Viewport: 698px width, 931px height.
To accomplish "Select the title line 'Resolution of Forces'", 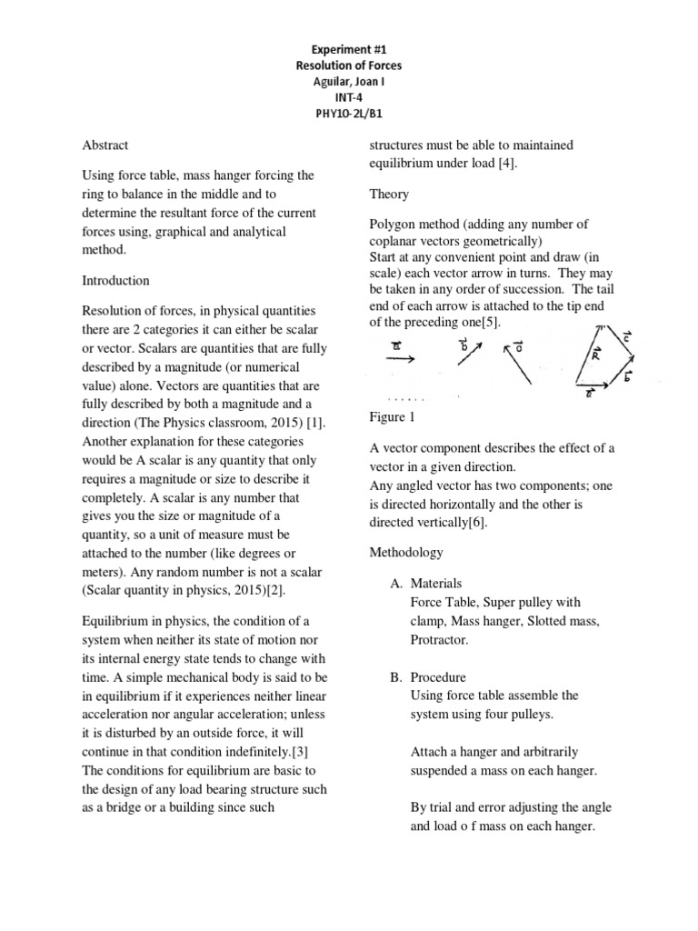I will click(349, 65).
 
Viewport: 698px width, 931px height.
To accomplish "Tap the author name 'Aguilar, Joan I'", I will click(349, 82).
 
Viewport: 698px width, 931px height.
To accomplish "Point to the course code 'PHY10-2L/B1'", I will click(349, 114).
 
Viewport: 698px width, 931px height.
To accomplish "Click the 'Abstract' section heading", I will click(105, 145).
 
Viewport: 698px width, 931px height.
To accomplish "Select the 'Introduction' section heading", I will click(116, 281).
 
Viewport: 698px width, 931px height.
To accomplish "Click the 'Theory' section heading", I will click(389, 194).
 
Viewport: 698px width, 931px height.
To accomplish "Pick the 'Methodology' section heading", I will click(406, 552).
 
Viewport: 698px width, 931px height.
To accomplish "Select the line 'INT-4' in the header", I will click(349, 97).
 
